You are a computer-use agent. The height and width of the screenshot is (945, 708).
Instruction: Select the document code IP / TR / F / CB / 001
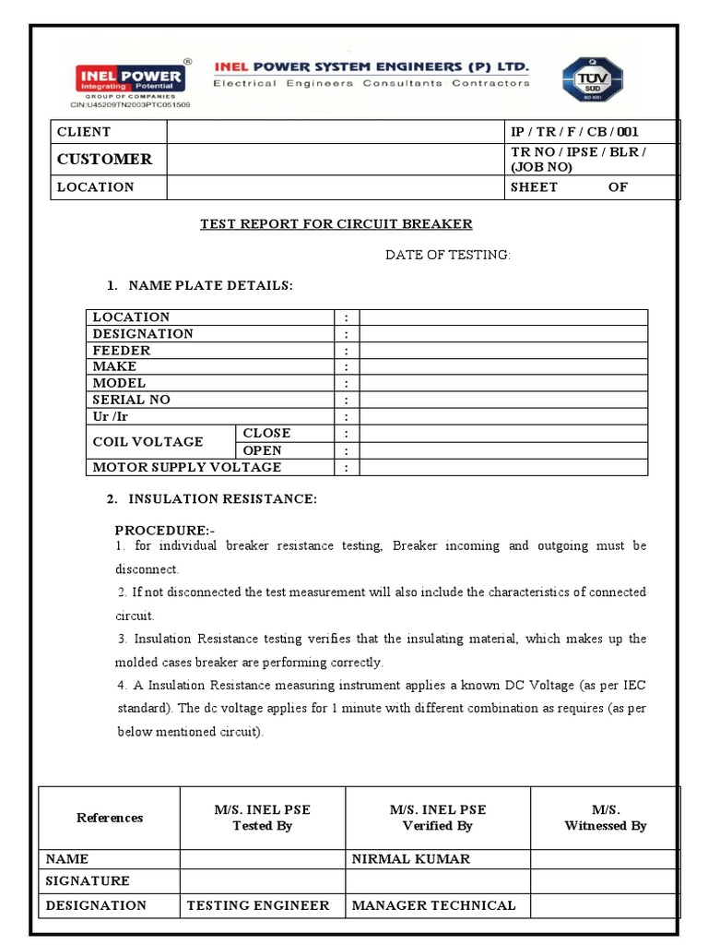574,132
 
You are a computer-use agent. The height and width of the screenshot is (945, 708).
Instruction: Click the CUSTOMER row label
104,159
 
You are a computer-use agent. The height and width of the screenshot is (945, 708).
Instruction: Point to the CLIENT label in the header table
84,132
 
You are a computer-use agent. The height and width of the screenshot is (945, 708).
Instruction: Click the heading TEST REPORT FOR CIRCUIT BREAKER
336,224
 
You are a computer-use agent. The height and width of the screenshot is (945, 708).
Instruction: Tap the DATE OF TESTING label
447,255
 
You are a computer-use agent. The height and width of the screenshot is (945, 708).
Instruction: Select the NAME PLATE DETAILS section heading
210,286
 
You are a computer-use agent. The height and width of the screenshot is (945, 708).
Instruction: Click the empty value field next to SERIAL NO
503,400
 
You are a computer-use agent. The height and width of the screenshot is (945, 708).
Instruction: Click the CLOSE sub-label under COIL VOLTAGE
266,433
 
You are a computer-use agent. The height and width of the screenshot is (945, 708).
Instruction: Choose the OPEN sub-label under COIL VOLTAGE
262,450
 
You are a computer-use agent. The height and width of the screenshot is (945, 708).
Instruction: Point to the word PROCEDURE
163,531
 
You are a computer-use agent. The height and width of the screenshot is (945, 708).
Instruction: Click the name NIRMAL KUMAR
411,858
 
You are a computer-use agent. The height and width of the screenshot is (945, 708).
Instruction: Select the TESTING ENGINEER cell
258,905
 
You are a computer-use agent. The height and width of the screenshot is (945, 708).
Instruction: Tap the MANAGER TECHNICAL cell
434,905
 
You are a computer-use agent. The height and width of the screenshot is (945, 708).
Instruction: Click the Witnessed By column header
605,818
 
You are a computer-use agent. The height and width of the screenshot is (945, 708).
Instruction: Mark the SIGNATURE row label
88,881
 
